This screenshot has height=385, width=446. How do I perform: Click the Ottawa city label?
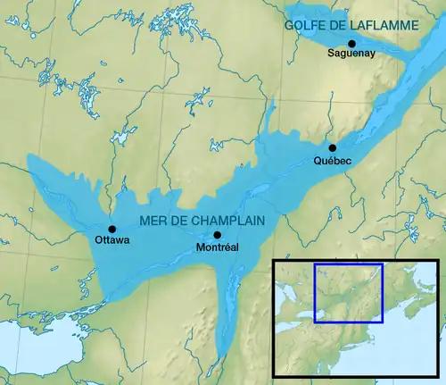pos(112,240)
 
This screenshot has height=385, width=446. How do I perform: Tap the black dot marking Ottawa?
pos(112,229)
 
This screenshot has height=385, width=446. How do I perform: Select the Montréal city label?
pos(217,247)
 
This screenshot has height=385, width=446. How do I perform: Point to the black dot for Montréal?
pos(217,235)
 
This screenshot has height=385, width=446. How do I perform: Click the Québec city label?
pos(333,160)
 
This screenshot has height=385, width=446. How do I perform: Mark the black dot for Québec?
pos(332,147)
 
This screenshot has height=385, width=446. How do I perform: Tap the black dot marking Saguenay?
pos(351,43)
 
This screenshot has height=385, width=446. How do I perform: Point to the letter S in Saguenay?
pos(330,54)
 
